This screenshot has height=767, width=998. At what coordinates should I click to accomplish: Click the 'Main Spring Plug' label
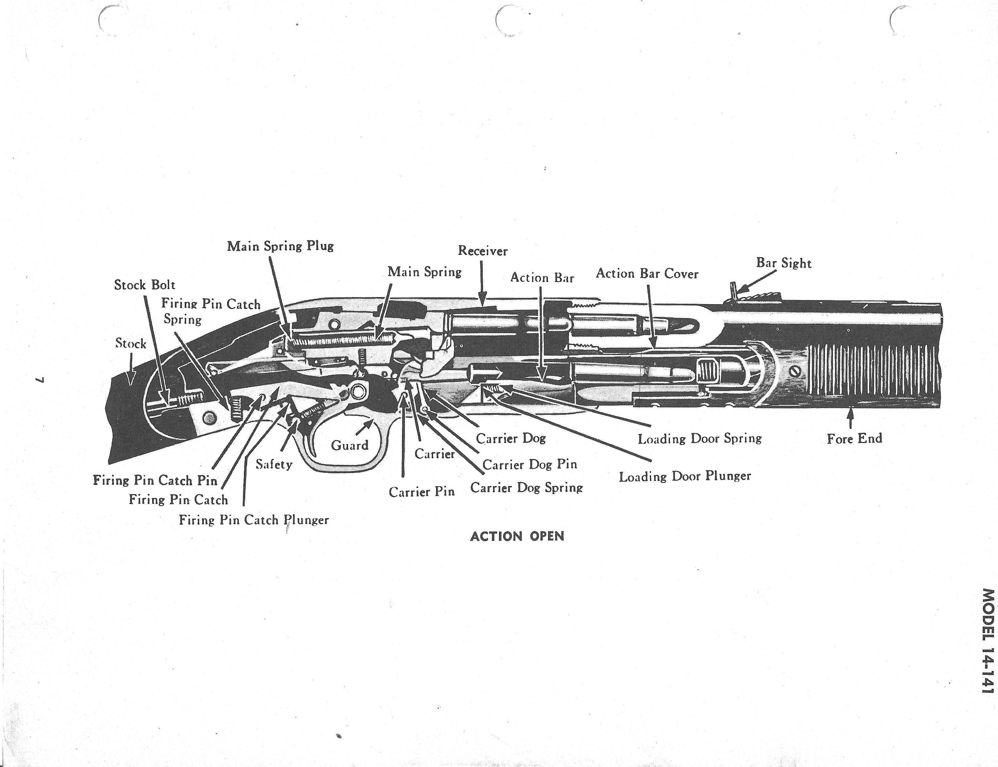tap(280, 246)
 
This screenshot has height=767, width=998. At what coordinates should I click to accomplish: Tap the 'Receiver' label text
tap(482, 251)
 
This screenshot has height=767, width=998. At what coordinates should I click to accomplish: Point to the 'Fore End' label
tap(854, 438)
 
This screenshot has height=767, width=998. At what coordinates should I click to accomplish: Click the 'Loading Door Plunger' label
tap(685, 476)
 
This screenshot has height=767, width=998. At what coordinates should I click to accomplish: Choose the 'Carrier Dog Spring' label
tap(526, 488)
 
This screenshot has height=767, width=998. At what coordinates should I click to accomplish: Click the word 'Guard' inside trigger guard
tap(350, 445)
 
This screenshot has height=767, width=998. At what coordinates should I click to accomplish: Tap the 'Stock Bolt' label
tap(145, 285)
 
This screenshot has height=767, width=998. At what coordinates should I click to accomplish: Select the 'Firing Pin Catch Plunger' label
tap(253, 520)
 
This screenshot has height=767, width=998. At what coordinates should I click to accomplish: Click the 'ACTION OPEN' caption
tap(517, 536)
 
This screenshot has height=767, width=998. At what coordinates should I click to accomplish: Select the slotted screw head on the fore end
tap(797, 372)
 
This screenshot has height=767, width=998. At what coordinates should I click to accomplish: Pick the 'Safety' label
tap(274, 464)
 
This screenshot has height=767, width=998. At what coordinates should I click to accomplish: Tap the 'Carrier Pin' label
tap(421, 492)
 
